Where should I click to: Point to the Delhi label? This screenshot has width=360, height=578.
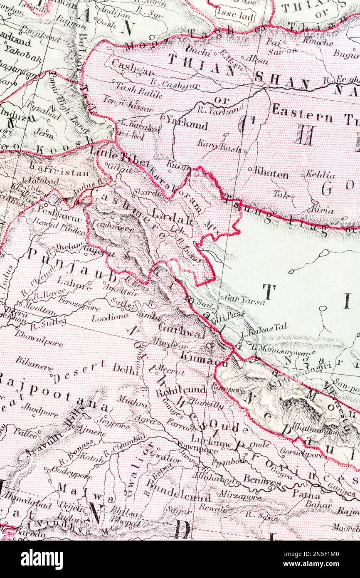(125, 369)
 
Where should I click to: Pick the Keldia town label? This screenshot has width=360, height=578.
(320, 175)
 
